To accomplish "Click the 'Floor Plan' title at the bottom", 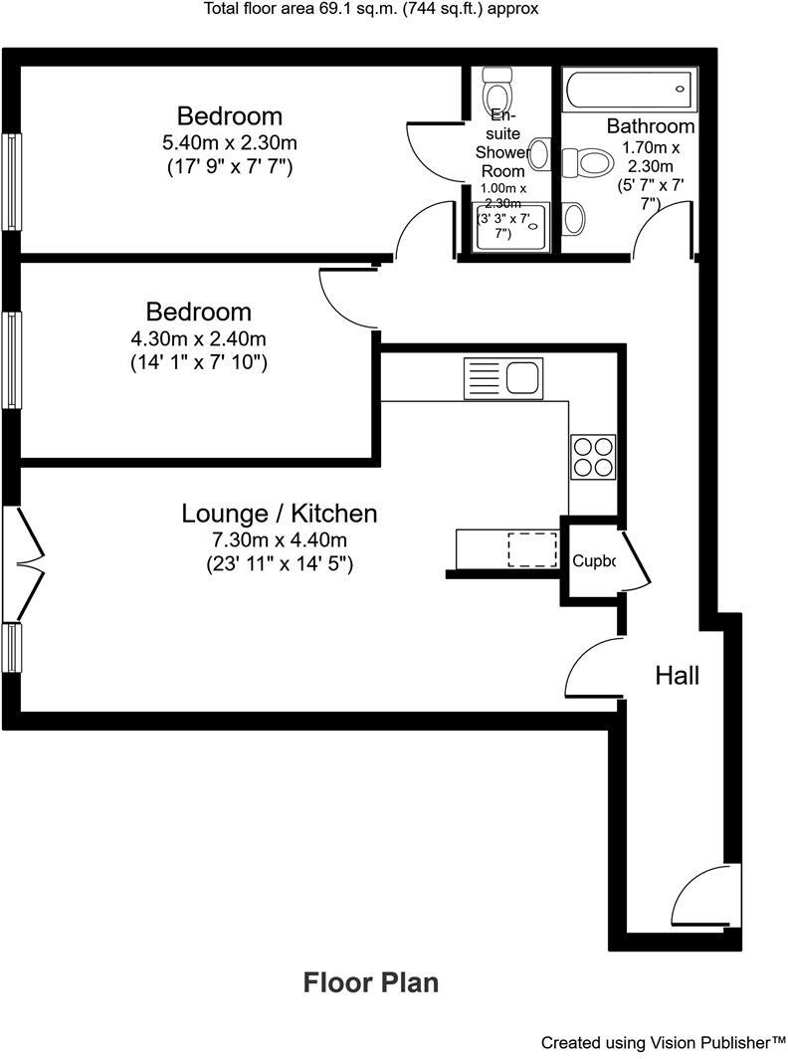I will (x=370, y=983).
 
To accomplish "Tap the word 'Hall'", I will (x=677, y=676).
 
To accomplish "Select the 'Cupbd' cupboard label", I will (x=593, y=561).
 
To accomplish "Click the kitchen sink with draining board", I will (x=503, y=378).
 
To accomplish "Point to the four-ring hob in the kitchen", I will (x=592, y=457).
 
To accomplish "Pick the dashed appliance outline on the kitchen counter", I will (x=532, y=549).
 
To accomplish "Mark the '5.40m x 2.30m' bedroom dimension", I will (x=229, y=142).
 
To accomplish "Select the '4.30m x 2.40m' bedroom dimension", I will (x=198, y=338).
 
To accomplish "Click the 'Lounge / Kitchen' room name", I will (x=280, y=514).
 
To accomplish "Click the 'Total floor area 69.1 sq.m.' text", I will (x=371, y=10).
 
